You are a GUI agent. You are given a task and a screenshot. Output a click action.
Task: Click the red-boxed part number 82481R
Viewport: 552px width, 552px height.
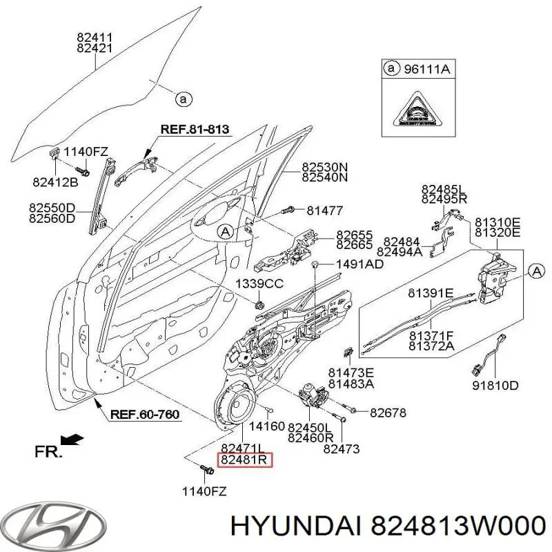click(x=246, y=460)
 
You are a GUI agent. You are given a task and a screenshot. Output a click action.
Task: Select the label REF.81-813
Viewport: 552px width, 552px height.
click(x=195, y=129)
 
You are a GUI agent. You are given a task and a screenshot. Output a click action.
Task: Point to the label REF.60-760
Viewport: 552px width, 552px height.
click(x=145, y=415)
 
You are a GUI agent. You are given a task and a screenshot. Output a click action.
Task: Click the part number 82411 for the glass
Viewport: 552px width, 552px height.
click(x=95, y=37)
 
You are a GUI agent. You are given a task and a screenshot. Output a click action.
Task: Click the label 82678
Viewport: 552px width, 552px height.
click(x=388, y=413)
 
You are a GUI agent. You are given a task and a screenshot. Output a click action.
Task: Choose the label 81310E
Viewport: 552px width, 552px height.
click(x=496, y=222)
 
